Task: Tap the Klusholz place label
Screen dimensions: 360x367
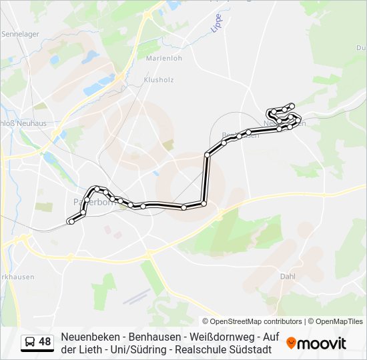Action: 158,79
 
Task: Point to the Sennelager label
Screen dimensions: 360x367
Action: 21,33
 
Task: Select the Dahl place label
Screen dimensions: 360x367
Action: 288,275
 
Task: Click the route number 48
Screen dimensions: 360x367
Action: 45,342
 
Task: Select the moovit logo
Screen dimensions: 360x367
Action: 316,343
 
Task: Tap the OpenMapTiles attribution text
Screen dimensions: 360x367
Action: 338,321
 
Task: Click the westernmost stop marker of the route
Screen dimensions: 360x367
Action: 70,221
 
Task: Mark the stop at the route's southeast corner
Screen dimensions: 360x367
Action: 204,203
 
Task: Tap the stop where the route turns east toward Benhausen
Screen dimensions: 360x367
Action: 208,155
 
